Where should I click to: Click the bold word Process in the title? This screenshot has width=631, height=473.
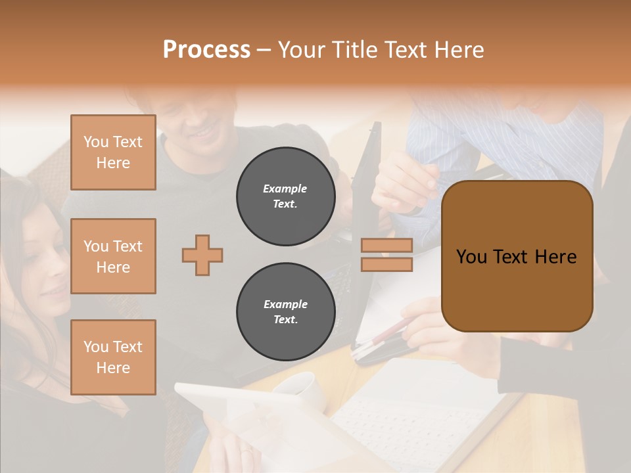coord(206,50)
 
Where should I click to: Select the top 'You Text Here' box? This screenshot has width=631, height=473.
coord(113,152)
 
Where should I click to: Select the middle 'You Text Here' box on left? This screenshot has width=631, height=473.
coord(113,256)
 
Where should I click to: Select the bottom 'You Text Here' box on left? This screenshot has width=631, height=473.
coord(113,357)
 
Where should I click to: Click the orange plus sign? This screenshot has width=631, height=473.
coord(202,255)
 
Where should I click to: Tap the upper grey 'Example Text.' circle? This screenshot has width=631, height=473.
coord(285,196)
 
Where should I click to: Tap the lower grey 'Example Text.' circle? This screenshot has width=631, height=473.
coord(285,312)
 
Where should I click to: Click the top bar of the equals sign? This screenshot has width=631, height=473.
coord(386,245)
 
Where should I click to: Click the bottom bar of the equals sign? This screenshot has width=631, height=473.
coord(386,264)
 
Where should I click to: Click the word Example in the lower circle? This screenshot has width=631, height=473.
coord(285,304)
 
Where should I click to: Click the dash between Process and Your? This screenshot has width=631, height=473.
coord(264,50)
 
